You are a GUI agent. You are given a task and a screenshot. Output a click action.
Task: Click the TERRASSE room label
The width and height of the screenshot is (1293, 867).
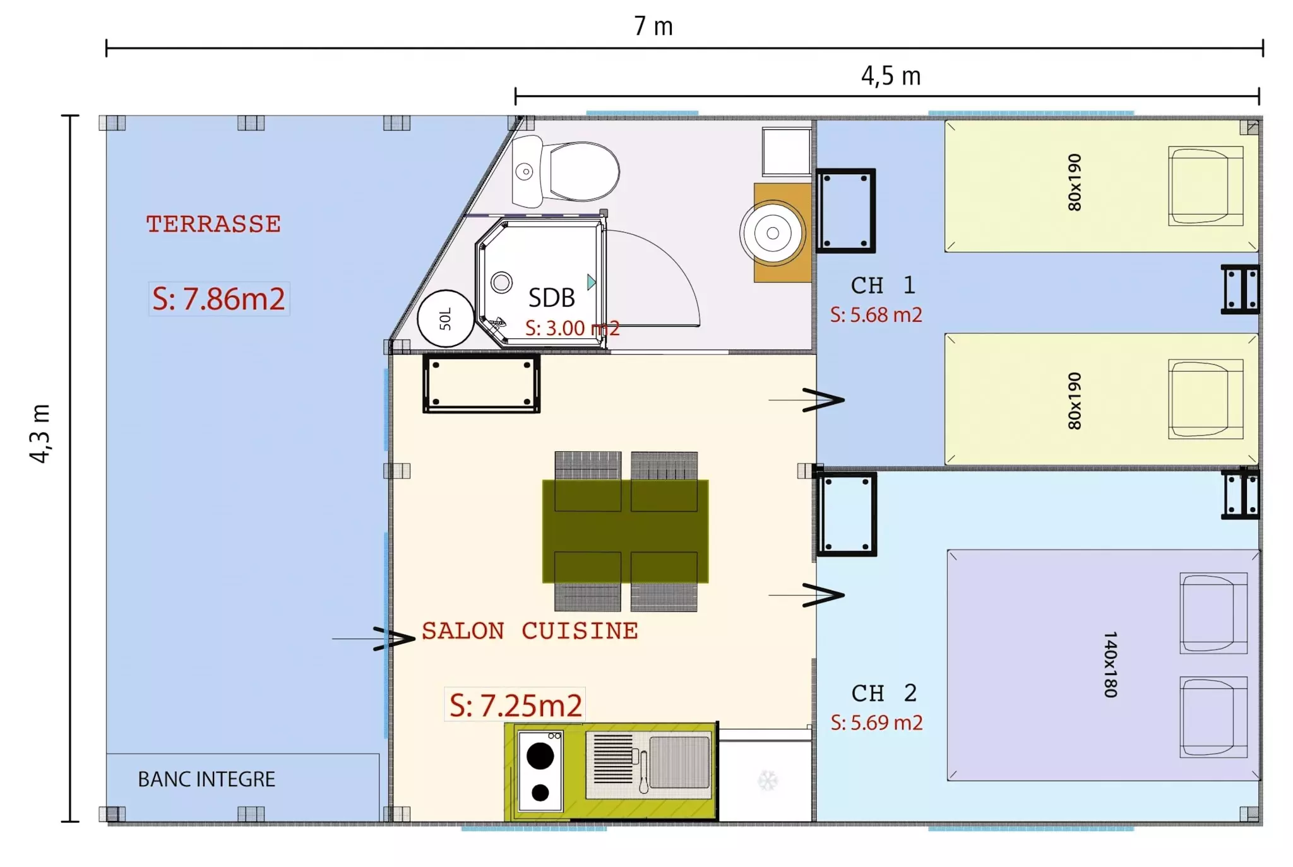[x=213, y=224]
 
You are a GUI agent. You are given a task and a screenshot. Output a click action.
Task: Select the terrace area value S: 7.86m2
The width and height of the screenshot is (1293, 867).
[x=218, y=298]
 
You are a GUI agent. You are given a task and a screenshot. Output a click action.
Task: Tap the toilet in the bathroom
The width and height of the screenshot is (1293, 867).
[x=566, y=171]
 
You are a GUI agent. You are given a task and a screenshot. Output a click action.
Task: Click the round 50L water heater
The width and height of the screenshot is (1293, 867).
[x=446, y=319]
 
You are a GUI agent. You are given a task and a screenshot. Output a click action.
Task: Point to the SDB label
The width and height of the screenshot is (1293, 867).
[x=551, y=298]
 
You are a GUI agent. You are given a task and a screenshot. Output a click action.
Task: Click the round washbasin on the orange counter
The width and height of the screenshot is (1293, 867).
[x=772, y=233]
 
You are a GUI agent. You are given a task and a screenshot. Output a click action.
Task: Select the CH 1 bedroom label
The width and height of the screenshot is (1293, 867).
[x=883, y=285]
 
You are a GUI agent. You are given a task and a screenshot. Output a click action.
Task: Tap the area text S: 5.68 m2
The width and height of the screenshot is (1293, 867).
[x=876, y=314]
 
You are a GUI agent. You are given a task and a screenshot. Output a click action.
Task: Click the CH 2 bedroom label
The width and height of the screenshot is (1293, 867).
[x=883, y=693]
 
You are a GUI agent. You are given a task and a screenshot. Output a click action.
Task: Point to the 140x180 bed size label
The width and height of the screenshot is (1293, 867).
[x=1111, y=664]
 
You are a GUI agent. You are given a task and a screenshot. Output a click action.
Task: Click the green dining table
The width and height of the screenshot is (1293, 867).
[x=625, y=531]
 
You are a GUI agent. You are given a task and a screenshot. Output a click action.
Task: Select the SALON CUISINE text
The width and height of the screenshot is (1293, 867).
[x=530, y=630]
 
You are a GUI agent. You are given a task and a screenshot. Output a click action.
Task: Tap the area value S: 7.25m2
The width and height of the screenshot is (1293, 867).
[x=515, y=705]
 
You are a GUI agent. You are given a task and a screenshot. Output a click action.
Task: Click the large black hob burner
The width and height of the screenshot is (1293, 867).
[x=540, y=755]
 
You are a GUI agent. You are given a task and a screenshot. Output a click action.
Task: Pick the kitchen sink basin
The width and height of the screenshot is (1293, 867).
[x=679, y=762]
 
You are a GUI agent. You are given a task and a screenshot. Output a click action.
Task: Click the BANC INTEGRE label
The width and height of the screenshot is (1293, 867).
[x=206, y=779]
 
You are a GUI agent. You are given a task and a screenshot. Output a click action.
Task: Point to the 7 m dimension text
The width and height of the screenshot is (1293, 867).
[x=653, y=27]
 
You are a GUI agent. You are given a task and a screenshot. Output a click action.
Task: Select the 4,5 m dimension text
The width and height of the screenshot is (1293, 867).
[x=891, y=76]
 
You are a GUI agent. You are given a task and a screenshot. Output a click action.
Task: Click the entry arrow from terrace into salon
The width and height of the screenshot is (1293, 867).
[x=374, y=639]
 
